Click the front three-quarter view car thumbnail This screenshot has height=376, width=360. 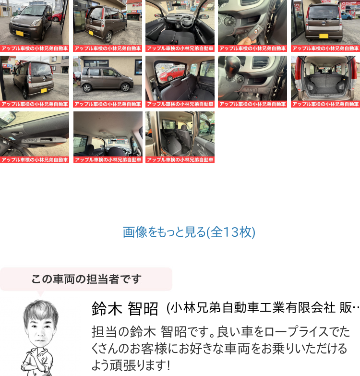(35, 25)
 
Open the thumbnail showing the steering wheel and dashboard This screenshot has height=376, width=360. (180, 25)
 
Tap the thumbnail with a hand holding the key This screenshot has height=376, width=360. (252, 25)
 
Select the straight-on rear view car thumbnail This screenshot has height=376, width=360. (325, 25)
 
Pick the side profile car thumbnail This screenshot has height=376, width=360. (108, 82)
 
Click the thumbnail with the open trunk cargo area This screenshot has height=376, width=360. (325, 82)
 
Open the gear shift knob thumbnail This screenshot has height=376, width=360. (252, 82)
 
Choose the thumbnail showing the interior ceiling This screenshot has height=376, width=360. (108, 137)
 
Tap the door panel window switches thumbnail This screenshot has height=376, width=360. (35, 137)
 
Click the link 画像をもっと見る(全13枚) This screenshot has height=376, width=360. (189, 232)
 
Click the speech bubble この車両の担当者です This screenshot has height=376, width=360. (86, 279)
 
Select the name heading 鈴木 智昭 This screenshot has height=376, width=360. (125, 309)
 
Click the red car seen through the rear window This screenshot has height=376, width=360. (172, 74)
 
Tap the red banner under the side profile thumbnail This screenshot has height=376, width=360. (108, 104)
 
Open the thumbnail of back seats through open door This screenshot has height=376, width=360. (180, 137)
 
